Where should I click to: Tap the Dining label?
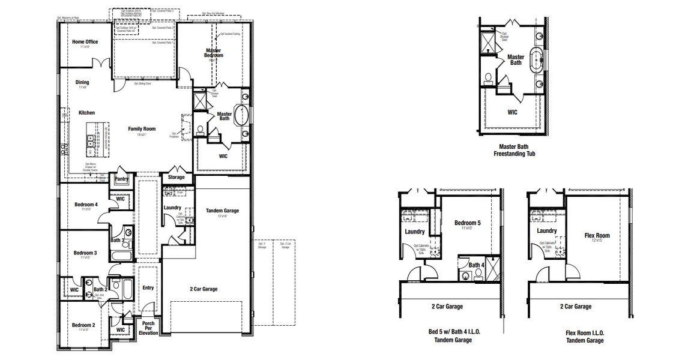[82, 83]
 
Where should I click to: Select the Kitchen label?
[86, 112]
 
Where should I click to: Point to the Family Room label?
[142, 129]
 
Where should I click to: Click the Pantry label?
[121, 179]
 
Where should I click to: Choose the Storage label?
[176, 177]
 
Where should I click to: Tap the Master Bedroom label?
[213, 53]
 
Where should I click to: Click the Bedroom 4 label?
[86, 205]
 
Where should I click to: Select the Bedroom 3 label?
[85, 253]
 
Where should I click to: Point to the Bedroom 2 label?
[83, 325]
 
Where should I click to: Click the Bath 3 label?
[118, 241]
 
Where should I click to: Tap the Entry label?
[148, 288]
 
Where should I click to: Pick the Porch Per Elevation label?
[148, 328]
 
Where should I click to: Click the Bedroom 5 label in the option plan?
[467, 223]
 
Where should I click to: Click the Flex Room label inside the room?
[597, 236]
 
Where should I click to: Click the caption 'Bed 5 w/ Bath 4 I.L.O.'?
[454, 332]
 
